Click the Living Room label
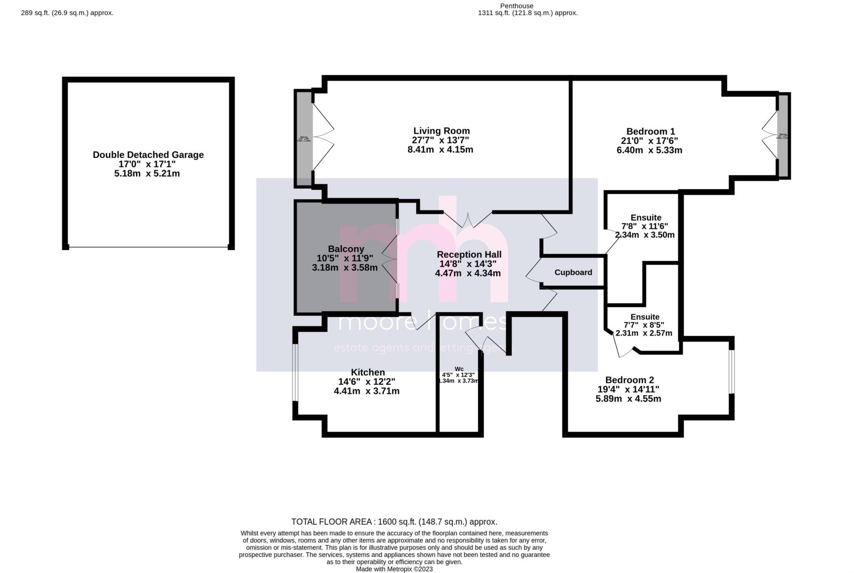click(x=441, y=131)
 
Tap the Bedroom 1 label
click(x=650, y=131)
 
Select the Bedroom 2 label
click(x=629, y=380)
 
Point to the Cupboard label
click(x=573, y=273)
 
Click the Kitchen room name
click(x=367, y=372)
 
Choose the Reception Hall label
click(x=469, y=255)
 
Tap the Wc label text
click(x=459, y=369)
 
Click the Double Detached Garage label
click(x=148, y=155)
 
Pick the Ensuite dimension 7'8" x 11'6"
click(x=644, y=226)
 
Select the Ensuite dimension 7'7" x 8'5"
click(x=643, y=325)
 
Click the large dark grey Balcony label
click(x=346, y=249)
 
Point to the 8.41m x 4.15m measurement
click(x=440, y=149)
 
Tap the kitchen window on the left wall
click(x=295, y=372)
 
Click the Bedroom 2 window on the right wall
click(x=731, y=371)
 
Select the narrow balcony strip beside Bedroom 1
click(x=783, y=136)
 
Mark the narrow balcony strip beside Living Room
click(x=304, y=138)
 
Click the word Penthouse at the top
click(x=516, y=6)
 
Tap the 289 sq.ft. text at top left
click(x=67, y=13)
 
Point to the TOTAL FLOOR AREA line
click(x=394, y=522)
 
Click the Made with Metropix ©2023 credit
click(x=394, y=569)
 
